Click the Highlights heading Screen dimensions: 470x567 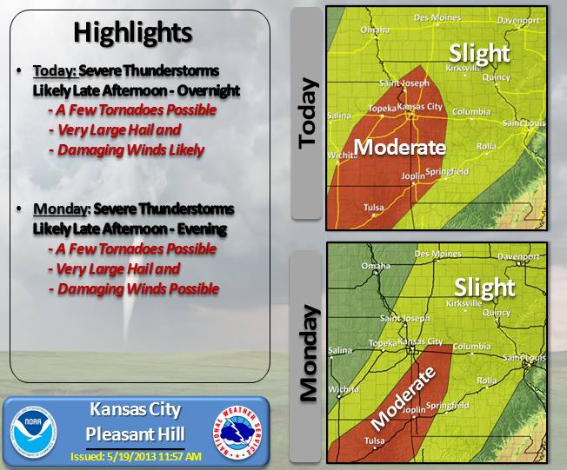pyautogui.click(x=132, y=33)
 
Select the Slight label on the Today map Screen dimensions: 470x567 pyautogui.click(x=479, y=53)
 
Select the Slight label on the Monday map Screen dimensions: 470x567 pyautogui.click(x=485, y=287)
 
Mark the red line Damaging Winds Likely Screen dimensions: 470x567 pyautogui.click(x=130, y=150)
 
